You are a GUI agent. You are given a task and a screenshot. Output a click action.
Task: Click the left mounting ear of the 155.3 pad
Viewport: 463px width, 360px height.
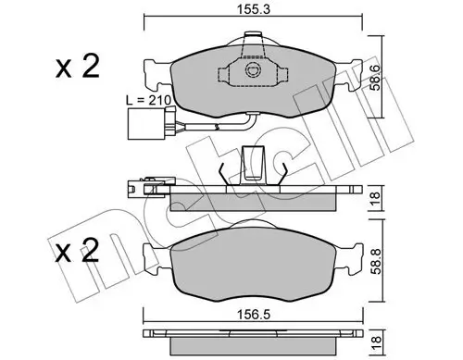coord(154,69)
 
